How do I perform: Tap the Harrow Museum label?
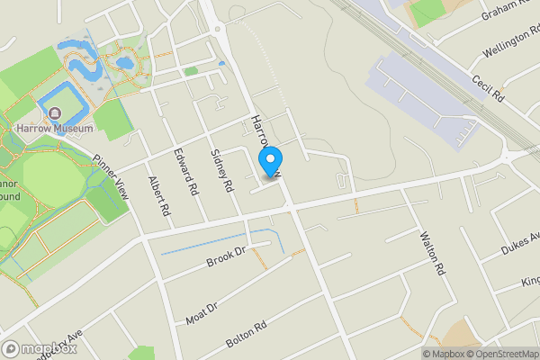click(54, 129)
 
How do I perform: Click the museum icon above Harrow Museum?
click(55, 113)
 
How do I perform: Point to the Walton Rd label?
click(432, 253)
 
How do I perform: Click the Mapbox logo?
click(38, 348)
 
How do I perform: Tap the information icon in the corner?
click(427, 353)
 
